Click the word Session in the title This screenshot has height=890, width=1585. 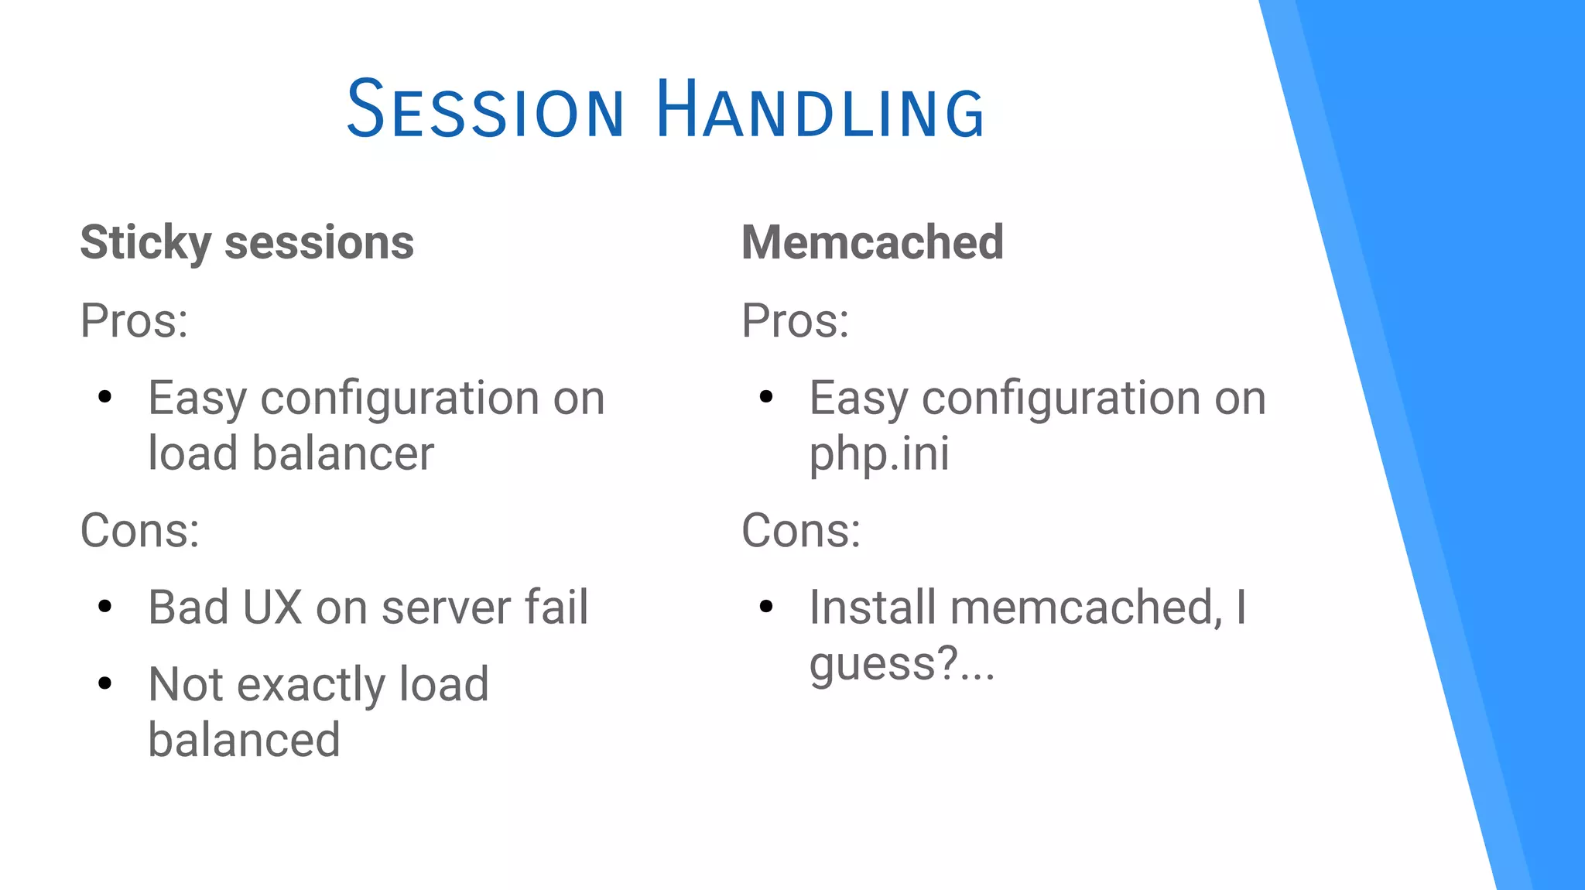pos(484,110)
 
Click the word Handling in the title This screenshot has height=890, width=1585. pos(820,110)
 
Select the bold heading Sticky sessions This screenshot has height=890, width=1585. pos(247,243)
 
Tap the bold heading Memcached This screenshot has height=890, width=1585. pos(872,242)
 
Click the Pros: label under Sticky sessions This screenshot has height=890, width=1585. pos(134,320)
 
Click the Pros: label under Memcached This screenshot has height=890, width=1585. pos(795,320)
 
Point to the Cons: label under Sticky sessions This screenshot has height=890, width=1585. pos(140,531)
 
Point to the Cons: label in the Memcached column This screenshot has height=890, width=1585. pos(801,531)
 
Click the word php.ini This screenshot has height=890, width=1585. pos(879,454)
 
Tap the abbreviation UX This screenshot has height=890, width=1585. pos(272,608)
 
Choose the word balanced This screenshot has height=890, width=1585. pos(244,740)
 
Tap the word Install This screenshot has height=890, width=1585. pos(873,608)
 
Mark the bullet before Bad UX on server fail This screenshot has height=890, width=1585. pos(105,607)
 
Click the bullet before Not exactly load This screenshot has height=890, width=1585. pos(105,683)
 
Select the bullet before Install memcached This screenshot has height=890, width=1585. pos(766,607)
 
